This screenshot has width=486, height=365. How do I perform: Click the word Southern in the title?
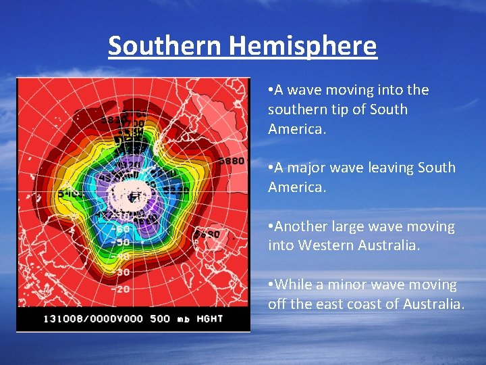[165, 46]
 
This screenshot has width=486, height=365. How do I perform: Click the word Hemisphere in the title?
[302, 46]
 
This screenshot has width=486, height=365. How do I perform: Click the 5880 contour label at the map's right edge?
[232, 161]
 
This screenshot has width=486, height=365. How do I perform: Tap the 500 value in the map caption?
[160, 318]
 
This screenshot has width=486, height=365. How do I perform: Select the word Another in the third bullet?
[301, 226]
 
